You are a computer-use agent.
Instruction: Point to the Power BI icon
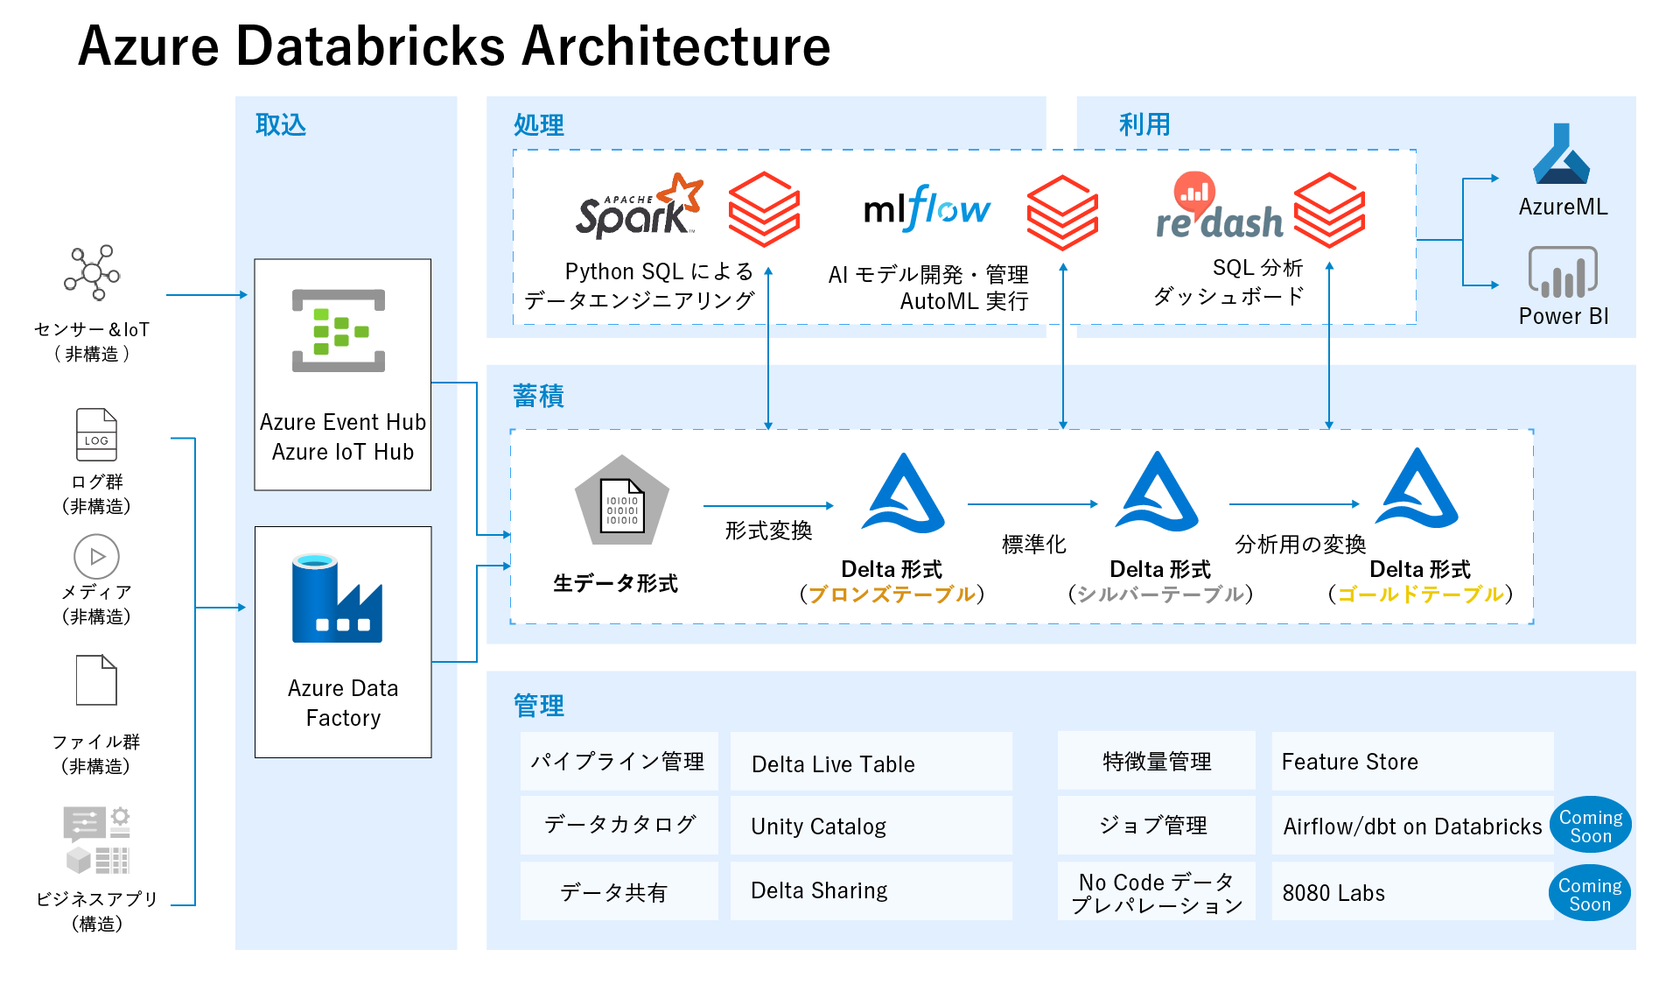point(1562,272)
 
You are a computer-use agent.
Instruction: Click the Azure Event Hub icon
point(339,331)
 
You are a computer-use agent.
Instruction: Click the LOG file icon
point(96,435)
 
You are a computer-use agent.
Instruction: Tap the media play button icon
point(96,557)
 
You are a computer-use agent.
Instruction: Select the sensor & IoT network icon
point(93,273)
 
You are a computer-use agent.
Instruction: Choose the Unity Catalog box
point(871,827)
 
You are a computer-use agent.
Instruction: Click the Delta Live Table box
point(871,763)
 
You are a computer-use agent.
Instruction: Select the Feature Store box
point(1411,762)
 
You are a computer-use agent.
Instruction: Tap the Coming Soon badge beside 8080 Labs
point(1589,894)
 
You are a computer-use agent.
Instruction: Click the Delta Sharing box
point(871,891)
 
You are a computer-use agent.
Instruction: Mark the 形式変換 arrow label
point(768,531)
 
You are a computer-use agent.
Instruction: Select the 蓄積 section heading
point(538,397)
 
